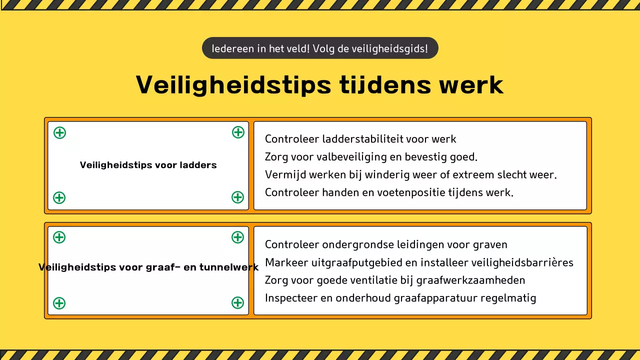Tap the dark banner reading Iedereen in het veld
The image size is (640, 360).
[x=320, y=48]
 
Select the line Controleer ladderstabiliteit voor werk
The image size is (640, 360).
[x=360, y=139]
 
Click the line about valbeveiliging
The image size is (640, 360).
[x=371, y=157]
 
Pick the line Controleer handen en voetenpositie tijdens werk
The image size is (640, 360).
[x=389, y=192]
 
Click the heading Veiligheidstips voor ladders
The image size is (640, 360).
[x=148, y=165]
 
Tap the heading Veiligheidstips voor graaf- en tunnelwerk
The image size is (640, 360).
[x=148, y=267]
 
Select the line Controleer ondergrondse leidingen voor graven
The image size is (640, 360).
[x=386, y=244]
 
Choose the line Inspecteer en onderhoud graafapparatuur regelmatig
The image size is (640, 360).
[x=400, y=298]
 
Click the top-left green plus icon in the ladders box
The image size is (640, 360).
[x=59, y=132]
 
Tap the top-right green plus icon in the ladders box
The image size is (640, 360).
[x=238, y=132]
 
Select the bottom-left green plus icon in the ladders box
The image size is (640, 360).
[x=59, y=197]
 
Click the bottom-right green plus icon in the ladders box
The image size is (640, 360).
[x=237, y=197]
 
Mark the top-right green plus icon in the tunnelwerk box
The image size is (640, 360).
[x=237, y=237]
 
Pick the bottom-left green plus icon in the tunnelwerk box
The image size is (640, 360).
[x=59, y=303]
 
